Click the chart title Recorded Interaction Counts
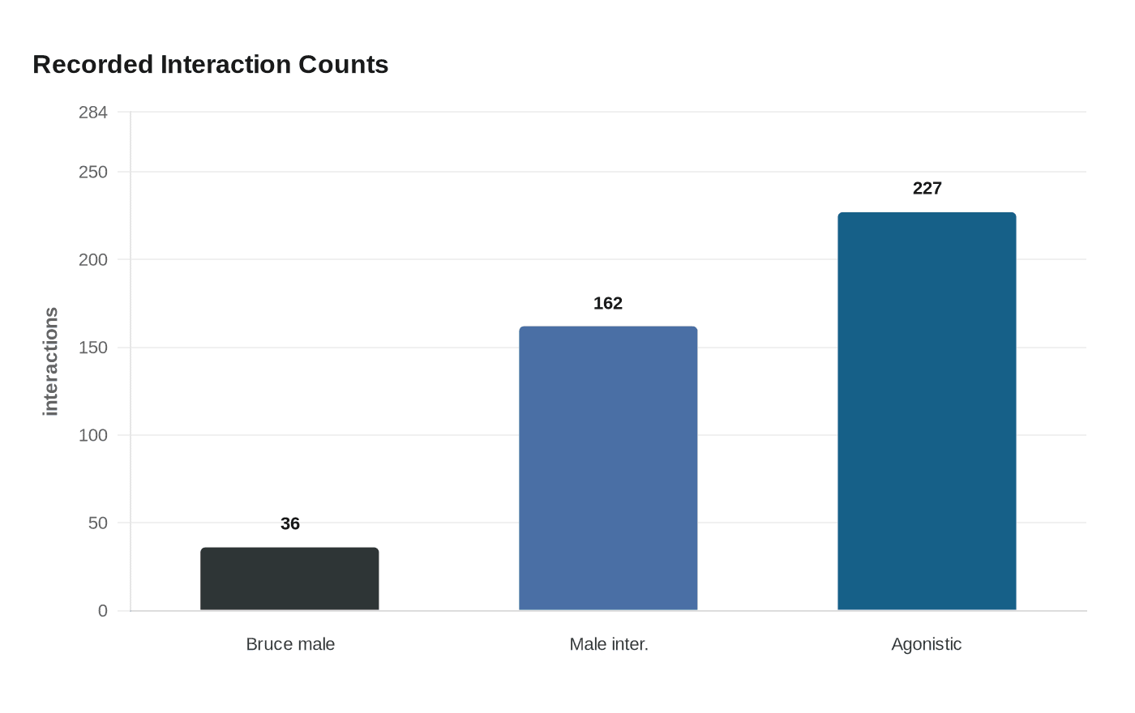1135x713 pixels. [x=210, y=65]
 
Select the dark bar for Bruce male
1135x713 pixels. [x=289, y=579]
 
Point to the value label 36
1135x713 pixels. [x=290, y=524]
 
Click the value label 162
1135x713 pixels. [x=608, y=304]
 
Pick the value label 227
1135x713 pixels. [x=927, y=189]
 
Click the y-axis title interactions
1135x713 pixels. [x=51, y=361]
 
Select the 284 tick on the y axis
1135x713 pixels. [x=93, y=113]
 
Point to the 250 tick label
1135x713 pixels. [x=93, y=173]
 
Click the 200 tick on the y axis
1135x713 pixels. [x=93, y=260]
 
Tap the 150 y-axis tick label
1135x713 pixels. [x=93, y=348]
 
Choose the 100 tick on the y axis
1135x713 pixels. [x=93, y=435]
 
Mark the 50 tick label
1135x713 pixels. [x=98, y=523]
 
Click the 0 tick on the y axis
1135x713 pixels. [x=103, y=611]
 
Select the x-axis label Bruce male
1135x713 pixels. [x=290, y=645]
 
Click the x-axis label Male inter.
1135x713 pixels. [x=608, y=645]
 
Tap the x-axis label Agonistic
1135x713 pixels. [x=927, y=645]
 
